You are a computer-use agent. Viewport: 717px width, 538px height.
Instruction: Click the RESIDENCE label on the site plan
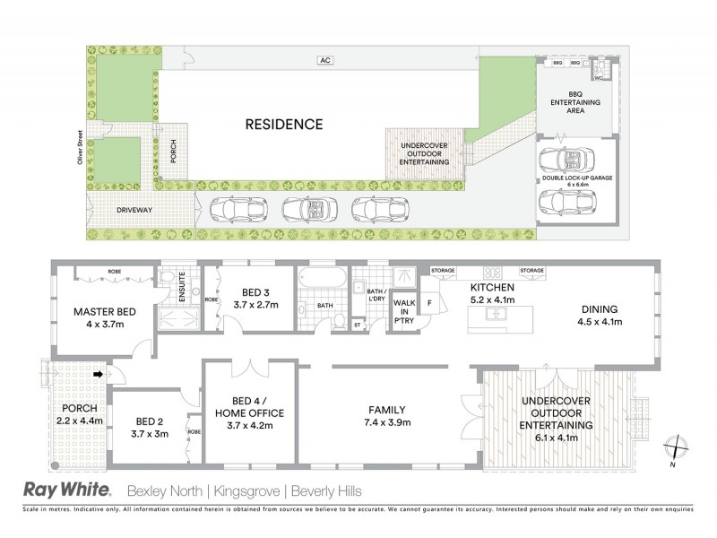(x=284, y=125)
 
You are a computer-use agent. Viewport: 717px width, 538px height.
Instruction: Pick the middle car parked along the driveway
(x=307, y=210)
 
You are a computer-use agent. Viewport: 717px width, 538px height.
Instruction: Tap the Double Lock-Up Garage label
(x=576, y=179)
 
